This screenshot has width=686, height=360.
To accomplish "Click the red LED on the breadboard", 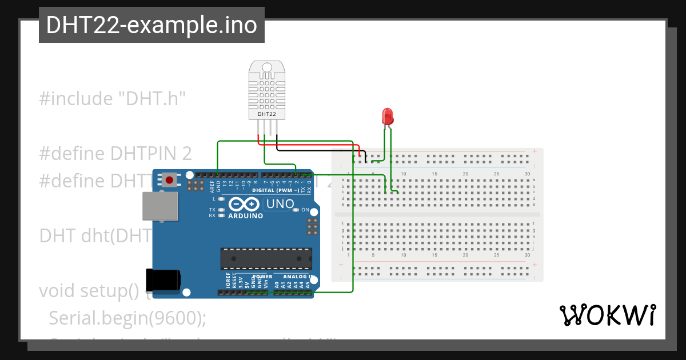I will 388,117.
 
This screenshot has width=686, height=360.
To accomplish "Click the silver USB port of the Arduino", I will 159,206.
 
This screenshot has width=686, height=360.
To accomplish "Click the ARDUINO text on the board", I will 245,216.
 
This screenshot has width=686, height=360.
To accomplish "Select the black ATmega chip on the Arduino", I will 266,258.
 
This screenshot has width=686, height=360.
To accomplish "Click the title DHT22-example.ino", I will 151,25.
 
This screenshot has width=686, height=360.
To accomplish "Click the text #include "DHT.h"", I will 113,99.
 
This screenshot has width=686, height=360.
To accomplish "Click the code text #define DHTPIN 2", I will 115,154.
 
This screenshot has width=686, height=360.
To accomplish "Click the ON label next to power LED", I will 305,210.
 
